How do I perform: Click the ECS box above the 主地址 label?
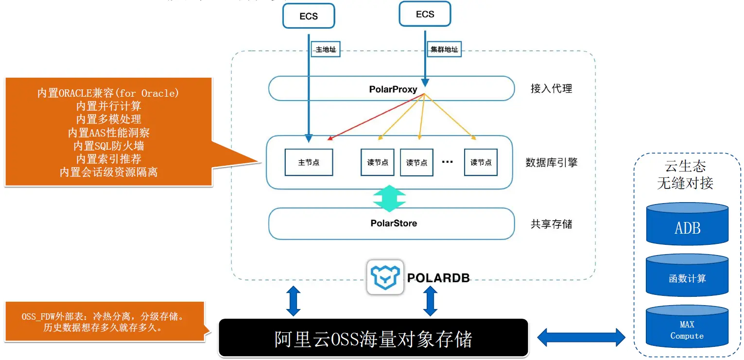[309, 16]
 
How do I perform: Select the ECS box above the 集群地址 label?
[425, 14]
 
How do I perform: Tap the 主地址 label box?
[326, 50]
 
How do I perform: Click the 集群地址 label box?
[444, 50]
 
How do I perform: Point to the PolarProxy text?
[393, 89]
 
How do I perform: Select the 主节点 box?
[309, 162]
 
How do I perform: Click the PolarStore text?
[394, 223]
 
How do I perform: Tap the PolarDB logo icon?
[385, 277]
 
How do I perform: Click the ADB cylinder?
[687, 224]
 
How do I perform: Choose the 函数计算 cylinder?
[687, 275]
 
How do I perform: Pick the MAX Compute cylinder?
[687, 326]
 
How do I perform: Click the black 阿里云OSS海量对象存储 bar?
[373, 338]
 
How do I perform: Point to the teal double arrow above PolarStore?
[390, 199]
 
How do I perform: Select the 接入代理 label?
[552, 89]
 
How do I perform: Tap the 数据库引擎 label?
[552, 162]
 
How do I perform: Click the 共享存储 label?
[552, 224]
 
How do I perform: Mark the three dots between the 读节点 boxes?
[448, 162]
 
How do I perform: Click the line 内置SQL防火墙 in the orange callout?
[108, 146]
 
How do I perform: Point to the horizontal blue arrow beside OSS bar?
[581, 338]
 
